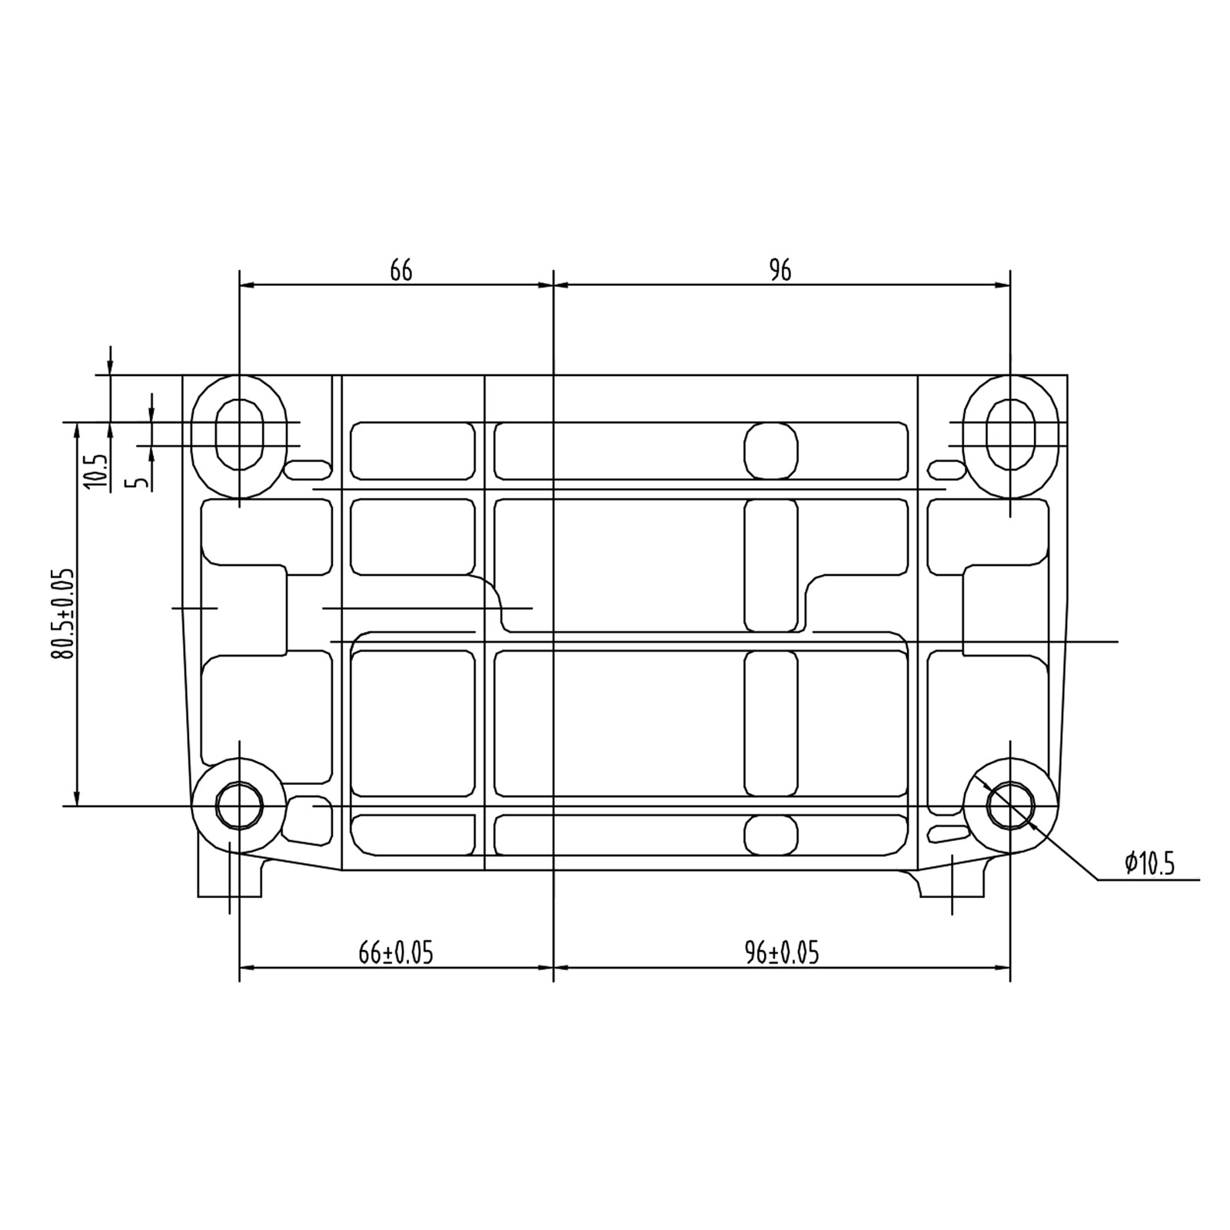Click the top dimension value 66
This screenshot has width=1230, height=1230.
point(401,271)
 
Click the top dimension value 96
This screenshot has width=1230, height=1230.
point(780,271)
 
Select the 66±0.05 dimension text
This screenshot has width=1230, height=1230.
point(396,953)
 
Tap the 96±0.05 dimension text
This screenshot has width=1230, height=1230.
point(782,953)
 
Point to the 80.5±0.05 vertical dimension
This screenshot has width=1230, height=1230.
point(63,613)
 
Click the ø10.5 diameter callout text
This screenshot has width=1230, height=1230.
point(1150,864)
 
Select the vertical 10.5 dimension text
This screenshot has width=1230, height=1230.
point(97,471)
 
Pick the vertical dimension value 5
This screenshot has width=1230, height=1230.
point(139,483)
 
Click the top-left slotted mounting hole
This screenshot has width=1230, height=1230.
point(240,434)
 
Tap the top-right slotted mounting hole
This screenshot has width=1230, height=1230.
point(1010,434)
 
